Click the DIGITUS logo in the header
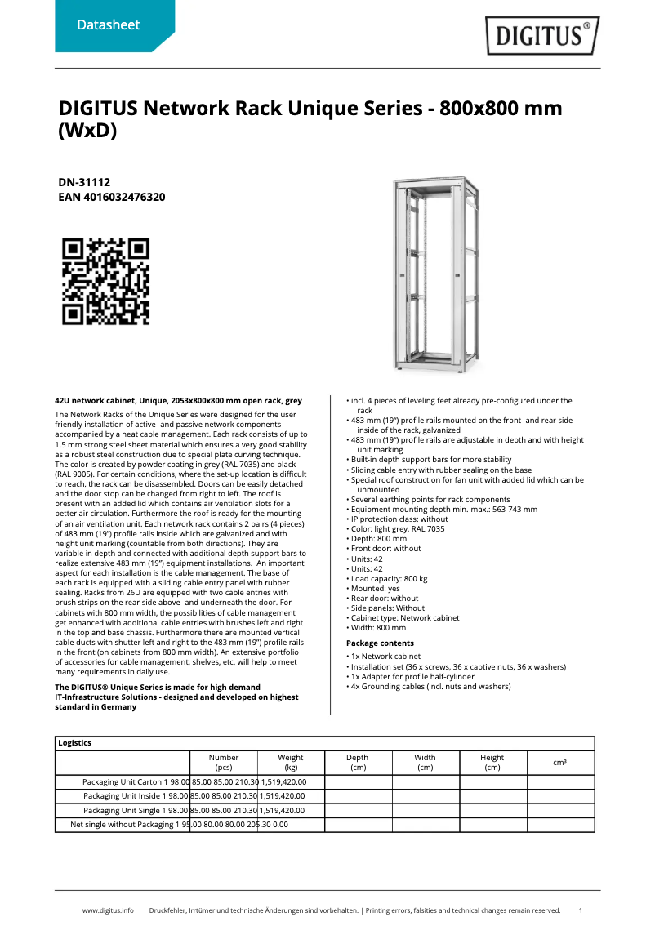[x=542, y=36]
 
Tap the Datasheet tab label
[x=108, y=25]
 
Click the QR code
[x=106, y=281]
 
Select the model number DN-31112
[x=84, y=183]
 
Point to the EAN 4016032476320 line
[x=112, y=197]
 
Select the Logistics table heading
[x=75, y=743]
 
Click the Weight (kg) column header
[x=291, y=763]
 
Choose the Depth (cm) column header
[x=358, y=763]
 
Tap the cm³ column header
[x=560, y=763]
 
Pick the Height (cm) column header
[x=492, y=763]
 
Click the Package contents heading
[x=380, y=643]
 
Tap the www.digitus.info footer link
[x=108, y=910]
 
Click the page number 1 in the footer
[x=580, y=910]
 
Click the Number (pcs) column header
[x=224, y=763]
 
